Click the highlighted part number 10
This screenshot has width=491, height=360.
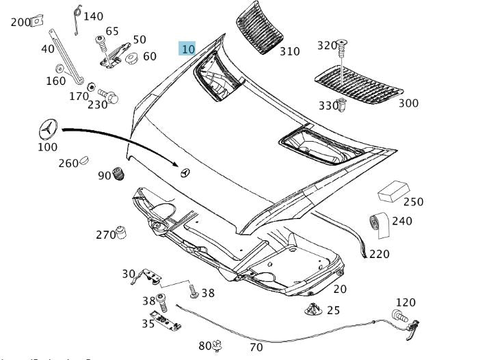pos(187,48)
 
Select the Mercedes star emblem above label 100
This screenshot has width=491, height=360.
pos(48,130)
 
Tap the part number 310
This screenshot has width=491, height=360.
pos(289,51)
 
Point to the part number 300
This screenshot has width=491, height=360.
pos(408,103)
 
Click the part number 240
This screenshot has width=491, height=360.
pos(402,221)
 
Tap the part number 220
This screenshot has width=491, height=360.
pos(379,254)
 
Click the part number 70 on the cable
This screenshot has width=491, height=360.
pos(256,347)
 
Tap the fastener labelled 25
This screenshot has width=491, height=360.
pos(313,309)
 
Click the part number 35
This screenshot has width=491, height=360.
pos(148,324)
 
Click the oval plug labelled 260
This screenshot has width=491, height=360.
pos(85,162)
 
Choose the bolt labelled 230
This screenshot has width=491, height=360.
pos(108,95)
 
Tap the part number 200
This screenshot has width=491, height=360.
pos(21,22)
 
